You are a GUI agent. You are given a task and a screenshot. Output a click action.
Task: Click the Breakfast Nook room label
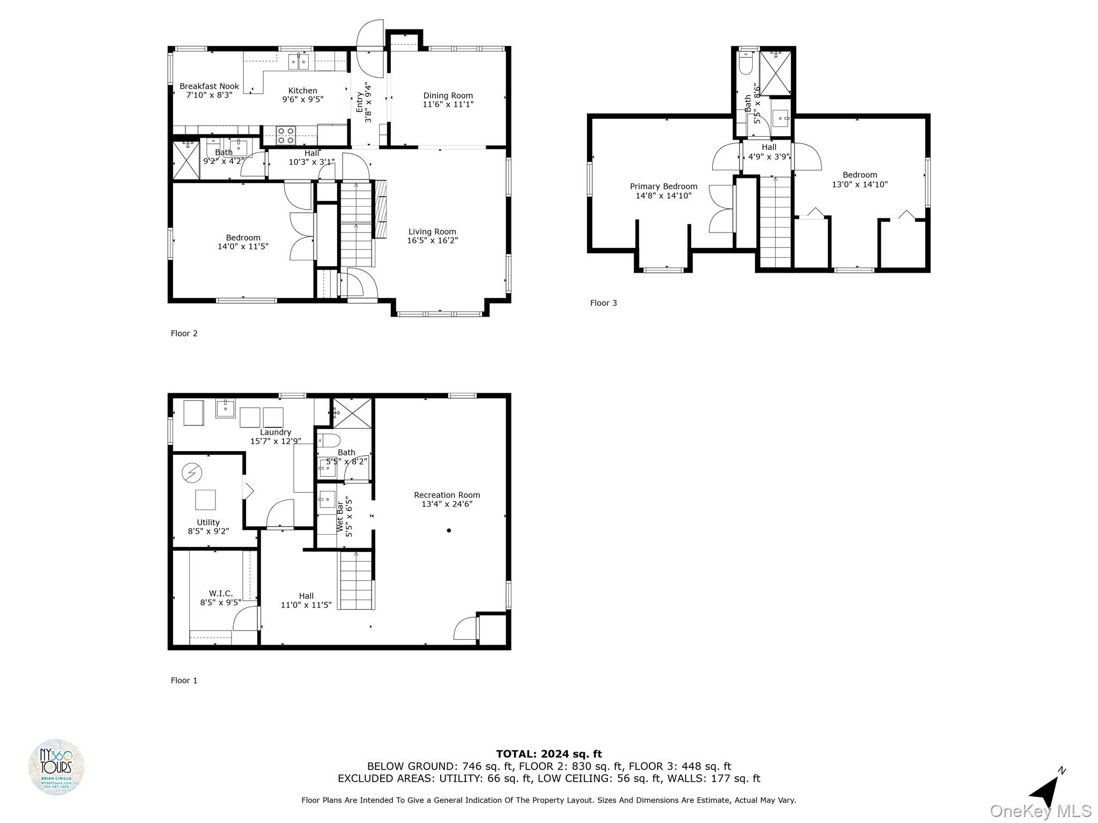pos(209,86)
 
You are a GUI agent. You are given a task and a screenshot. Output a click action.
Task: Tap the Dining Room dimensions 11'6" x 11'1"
pos(448,105)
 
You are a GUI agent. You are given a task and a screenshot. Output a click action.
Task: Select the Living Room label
pos(432,232)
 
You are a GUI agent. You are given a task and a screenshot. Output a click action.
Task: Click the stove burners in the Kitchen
pos(285,136)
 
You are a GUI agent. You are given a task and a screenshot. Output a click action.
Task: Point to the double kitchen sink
pos(299,62)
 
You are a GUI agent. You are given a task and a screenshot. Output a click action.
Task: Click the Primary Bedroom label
pos(663,186)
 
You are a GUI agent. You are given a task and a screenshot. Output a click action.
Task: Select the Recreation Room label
pos(447,495)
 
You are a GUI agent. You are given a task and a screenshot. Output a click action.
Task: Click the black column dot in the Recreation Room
pos(449,530)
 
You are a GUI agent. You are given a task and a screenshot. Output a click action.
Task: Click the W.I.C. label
pos(220,593)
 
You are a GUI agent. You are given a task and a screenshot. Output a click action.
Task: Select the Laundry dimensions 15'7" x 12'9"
pos(276,442)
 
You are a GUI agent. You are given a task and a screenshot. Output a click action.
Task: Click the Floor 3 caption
pos(603,303)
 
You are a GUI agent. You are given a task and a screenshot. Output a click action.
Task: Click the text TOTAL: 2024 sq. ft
pos(548,754)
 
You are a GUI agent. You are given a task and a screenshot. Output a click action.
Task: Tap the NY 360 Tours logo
pos(56,767)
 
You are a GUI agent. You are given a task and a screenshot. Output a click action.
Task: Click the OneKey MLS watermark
pos(1040,811)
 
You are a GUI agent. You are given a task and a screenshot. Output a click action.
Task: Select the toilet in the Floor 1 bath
pos(329,441)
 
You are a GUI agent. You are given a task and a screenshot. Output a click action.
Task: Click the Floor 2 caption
pos(184,334)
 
